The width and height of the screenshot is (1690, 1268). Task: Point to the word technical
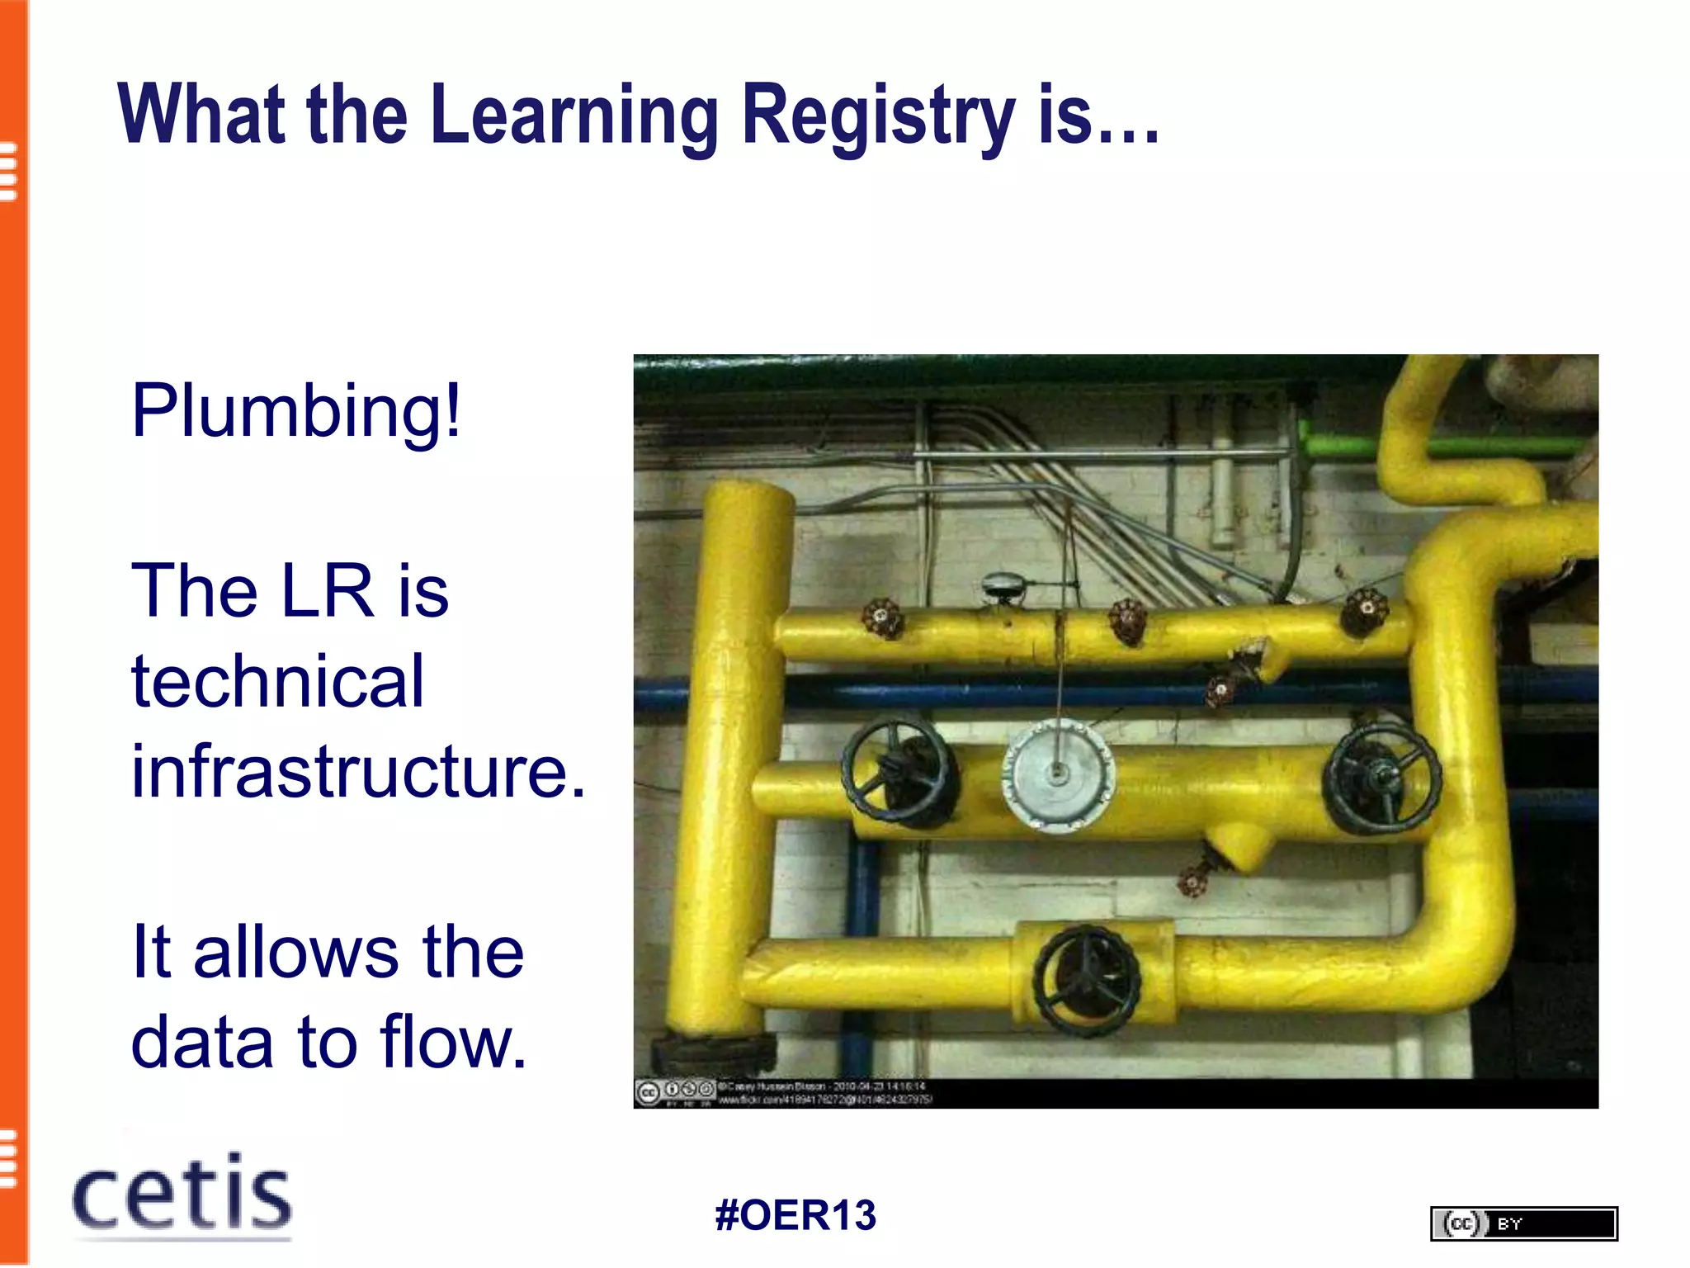click(x=277, y=681)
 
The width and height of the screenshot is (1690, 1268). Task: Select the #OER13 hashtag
click(x=795, y=1215)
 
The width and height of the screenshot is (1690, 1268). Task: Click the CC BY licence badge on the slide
click(x=1523, y=1223)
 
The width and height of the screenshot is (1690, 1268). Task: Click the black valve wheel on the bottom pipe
click(x=1088, y=980)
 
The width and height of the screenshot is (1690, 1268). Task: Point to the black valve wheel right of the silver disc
click(x=1381, y=776)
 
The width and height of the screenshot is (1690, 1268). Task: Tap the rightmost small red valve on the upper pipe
click(x=1363, y=612)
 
